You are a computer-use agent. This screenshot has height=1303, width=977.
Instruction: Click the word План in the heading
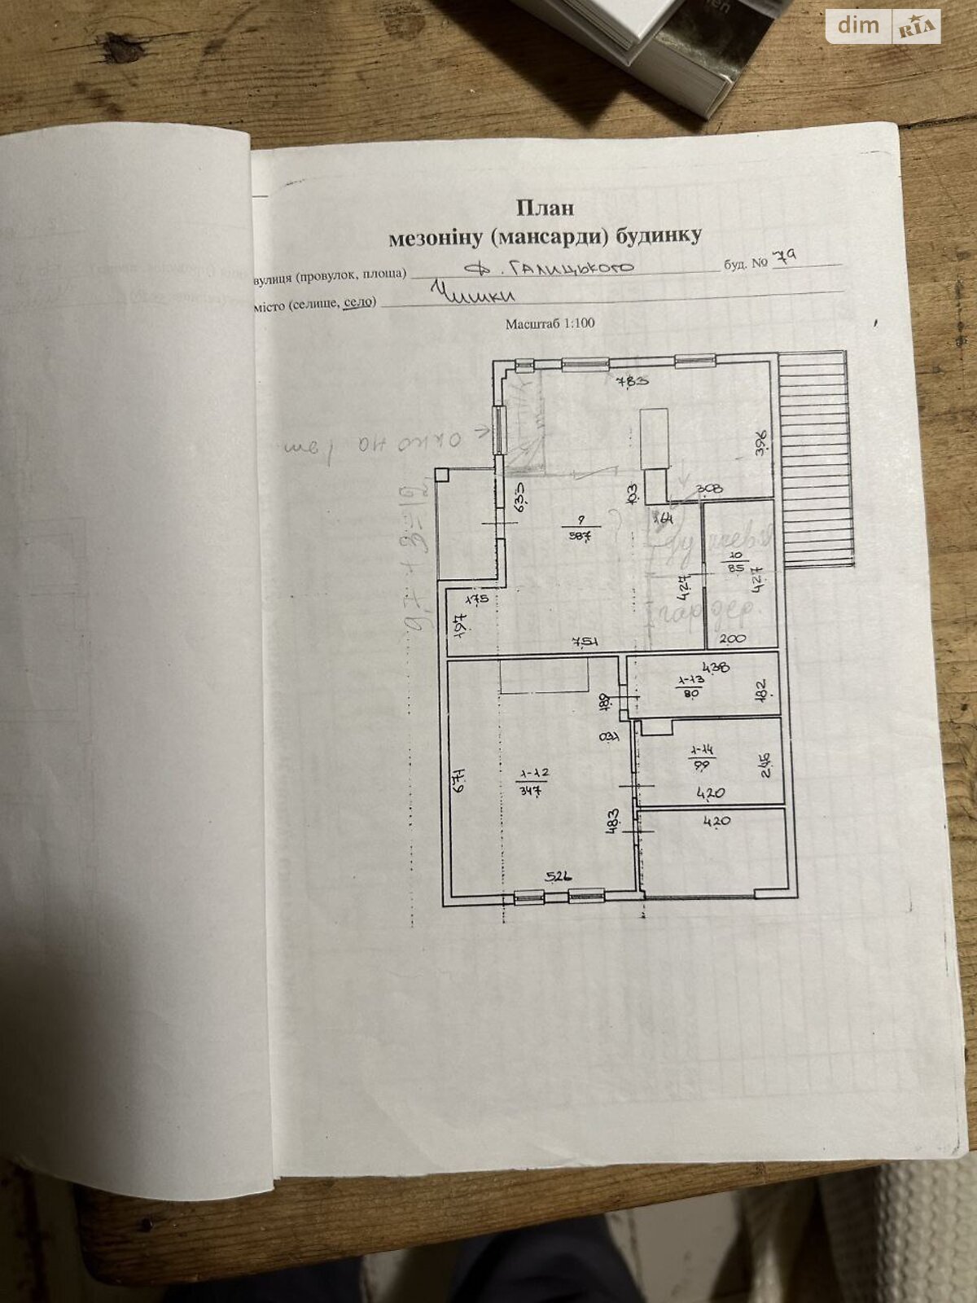point(545,207)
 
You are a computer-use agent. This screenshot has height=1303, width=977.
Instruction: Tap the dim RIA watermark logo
point(883,27)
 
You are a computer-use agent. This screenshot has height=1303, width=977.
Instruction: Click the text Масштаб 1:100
point(550,323)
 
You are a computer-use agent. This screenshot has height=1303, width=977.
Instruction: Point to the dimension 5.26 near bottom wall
point(559,877)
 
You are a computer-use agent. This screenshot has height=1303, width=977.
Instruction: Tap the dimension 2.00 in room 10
point(733,639)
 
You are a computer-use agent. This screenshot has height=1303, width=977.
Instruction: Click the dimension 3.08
point(708,489)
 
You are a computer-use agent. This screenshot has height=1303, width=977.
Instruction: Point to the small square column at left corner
point(441,474)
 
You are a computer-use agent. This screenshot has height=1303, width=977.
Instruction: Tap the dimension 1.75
point(475,600)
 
